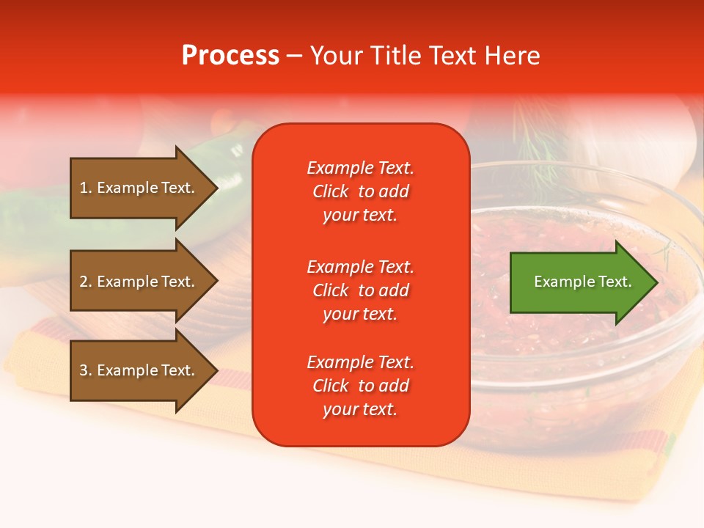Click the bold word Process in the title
tap(230, 56)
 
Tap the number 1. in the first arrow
tap(86, 188)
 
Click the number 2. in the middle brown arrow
tap(86, 282)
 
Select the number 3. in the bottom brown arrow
tap(86, 370)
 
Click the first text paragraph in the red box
tap(360, 191)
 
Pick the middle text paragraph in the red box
tap(360, 290)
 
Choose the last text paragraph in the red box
tap(360, 386)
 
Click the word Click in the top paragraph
tap(331, 191)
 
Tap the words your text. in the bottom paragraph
tap(360, 410)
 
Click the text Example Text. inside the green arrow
tap(583, 282)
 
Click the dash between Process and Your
tap(294, 56)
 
